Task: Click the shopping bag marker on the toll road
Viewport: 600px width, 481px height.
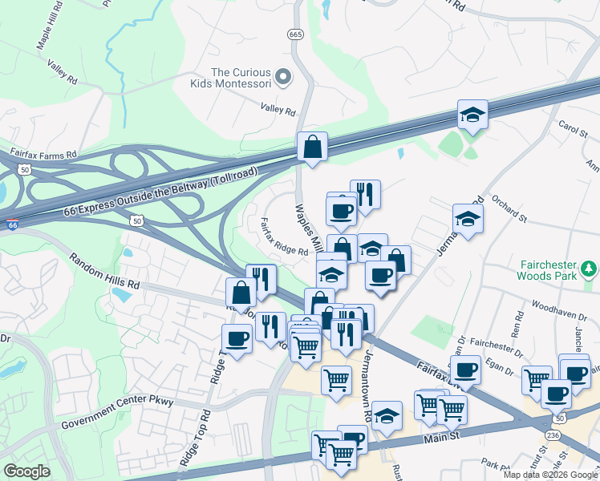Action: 311,148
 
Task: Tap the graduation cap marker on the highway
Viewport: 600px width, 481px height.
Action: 473,115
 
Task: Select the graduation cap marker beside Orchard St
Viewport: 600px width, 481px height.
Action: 468,219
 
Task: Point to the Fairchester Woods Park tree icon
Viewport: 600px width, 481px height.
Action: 592,267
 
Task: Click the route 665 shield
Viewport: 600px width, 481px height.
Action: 295,34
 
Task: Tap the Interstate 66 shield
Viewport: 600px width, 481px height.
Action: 11,227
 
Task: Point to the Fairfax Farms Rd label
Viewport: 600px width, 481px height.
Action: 43,152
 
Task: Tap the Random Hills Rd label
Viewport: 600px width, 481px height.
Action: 104,273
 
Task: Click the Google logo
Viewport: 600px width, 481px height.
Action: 26,471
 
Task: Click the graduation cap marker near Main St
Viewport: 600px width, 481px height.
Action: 386,416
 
